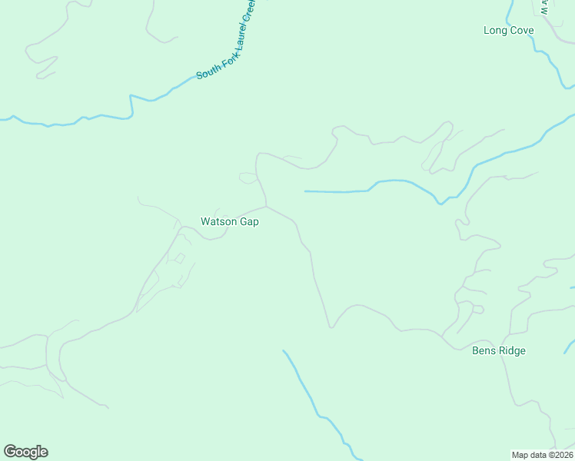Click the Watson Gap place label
(x=230, y=221)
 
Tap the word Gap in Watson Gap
(x=250, y=222)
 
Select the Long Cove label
(x=508, y=31)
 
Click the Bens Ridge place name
(x=498, y=351)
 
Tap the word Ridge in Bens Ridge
(x=511, y=351)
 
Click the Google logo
(x=25, y=452)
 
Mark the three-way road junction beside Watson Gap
(x=267, y=206)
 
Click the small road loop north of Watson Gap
(x=248, y=178)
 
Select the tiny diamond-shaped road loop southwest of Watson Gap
(x=180, y=258)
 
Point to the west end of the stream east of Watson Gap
(x=306, y=191)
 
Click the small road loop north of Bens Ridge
(x=477, y=309)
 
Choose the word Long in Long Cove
(x=494, y=31)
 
